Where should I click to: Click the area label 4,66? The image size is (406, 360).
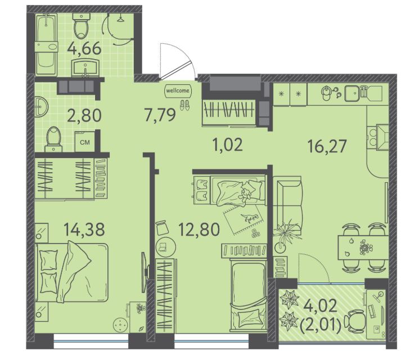(x=84, y=48)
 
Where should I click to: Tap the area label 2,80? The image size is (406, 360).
(x=84, y=115)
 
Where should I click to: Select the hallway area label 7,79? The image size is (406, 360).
(x=160, y=115)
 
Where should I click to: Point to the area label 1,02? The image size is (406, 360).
(x=227, y=145)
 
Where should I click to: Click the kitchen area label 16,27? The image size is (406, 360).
(x=327, y=146)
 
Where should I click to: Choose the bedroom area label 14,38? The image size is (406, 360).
(x=84, y=229)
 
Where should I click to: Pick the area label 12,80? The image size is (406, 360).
(x=200, y=229)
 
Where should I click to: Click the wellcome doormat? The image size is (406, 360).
(x=178, y=91)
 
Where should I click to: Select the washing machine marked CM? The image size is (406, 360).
(x=85, y=142)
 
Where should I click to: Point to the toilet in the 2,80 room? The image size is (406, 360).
(x=53, y=139)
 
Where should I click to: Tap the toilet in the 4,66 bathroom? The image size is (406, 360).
(x=82, y=26)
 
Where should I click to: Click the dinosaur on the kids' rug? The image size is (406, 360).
(x=249, y=218)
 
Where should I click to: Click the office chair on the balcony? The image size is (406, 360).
(x=355, y=321)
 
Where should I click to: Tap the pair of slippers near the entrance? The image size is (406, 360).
(x=184, y=105)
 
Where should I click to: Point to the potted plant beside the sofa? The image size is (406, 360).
(x=285, y=235)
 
